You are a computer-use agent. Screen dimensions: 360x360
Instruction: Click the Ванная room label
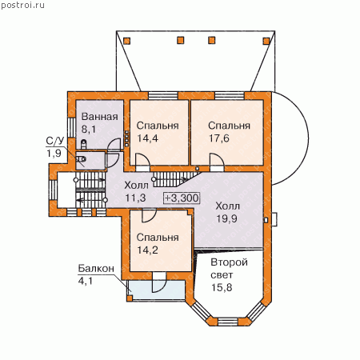(99, 117)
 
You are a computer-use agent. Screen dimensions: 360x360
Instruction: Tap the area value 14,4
(147, 138)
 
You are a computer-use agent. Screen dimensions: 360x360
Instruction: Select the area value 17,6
(219, 138)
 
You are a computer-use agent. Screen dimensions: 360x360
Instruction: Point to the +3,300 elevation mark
(182, 198)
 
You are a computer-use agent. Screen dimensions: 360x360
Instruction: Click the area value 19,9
(226, 218)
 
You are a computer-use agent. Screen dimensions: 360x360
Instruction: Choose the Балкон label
(96, 268)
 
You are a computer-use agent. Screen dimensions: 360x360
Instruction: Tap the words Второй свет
(229, 269)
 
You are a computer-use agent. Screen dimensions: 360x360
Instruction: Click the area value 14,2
(147, 250)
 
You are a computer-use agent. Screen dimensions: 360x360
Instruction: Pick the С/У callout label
(55, 141)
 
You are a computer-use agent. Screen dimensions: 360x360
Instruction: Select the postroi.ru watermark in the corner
(22, 5)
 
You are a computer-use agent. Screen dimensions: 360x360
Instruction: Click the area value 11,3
(135, 198)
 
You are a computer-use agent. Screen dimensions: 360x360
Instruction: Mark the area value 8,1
(89, 130)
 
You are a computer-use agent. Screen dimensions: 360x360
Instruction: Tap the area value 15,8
(222, 287)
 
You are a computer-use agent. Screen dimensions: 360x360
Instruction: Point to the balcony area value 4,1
(86, 281)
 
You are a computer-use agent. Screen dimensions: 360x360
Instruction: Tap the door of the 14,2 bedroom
(149, 216)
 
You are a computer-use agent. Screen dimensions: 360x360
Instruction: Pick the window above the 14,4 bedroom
(163, 95)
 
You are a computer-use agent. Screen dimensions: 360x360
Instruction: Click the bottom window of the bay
(228, 322)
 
